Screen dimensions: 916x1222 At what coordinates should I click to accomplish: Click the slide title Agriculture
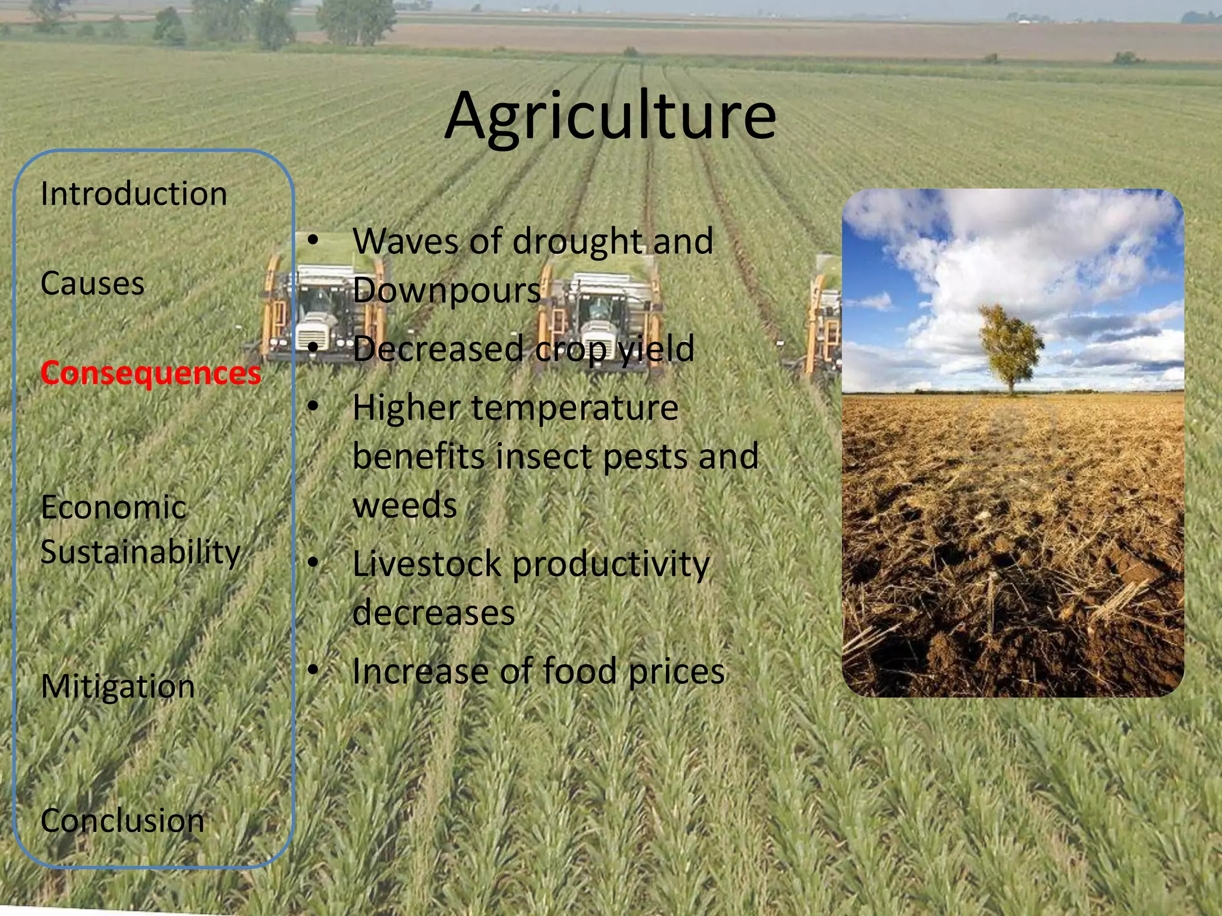(610, 116)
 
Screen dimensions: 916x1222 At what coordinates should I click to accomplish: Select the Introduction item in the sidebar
(134, 194)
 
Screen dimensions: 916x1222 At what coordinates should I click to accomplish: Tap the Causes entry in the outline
(92, 283)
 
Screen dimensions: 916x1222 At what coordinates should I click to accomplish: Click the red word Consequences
(150, 373)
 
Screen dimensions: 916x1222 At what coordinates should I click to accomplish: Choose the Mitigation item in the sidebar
(118, 686)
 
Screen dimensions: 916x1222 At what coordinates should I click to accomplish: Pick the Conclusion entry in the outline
(122, 821)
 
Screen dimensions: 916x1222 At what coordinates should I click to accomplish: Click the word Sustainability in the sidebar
(140, 552)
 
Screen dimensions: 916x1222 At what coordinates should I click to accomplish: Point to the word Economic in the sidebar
(113, 508)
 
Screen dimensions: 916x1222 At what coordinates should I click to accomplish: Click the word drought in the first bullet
(577, 242)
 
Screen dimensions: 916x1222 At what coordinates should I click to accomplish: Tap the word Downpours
(446, 290)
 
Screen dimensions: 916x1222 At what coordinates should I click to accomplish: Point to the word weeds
(405, 506)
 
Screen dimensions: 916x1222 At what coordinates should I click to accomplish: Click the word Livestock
(427, 564)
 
